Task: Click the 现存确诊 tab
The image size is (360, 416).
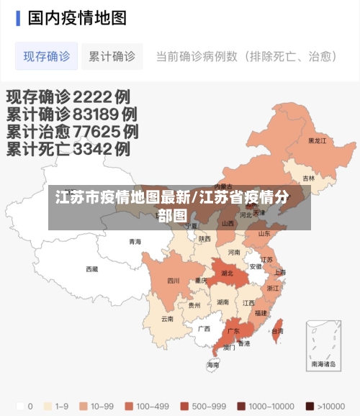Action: pos(46,56)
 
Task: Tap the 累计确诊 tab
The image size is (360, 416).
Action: pos(112,56)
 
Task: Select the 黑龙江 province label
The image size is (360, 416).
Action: pos(318,141)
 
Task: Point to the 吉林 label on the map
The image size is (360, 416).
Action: pos(308,178)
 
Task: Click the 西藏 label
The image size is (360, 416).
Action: pos(92,269)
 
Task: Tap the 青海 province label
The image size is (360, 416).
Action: pos(135,242)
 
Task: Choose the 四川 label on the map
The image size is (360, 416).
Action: pos(173,281)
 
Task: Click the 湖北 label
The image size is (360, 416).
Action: pos(227,273)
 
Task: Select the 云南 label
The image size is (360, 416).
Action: pos(167,319)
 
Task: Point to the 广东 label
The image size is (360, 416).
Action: pos(233,332)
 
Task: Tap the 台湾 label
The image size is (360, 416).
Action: pos(277,331)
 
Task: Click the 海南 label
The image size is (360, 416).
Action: pos(213,365)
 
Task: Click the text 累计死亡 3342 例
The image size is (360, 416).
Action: pos(68,150)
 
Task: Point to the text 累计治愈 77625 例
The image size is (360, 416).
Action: pos(73,132)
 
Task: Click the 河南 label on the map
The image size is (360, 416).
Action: pos(234,253)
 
